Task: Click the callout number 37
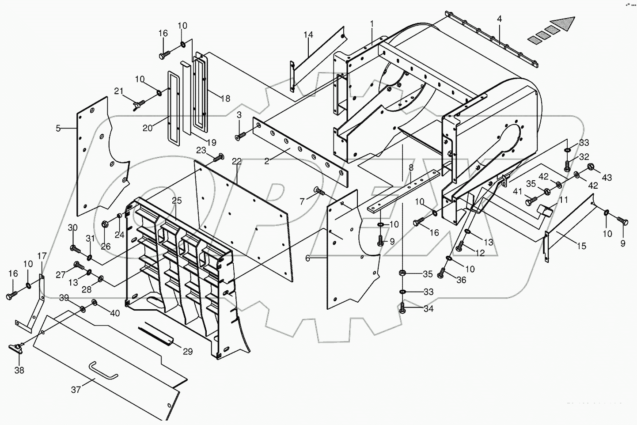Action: point(76,389)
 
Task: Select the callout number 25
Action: point(177,201)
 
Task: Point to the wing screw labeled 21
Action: point(137,106)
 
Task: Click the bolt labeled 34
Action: point(402,309)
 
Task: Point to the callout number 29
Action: point(188,352)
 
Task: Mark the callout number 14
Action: point(308,34)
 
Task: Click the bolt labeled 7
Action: point(318,191)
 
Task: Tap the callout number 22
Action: point(237,161)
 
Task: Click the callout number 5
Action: point(58,129)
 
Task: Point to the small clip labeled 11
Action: point(545,211)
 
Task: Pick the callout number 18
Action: point(225,99)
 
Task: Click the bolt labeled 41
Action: point(530,201)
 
